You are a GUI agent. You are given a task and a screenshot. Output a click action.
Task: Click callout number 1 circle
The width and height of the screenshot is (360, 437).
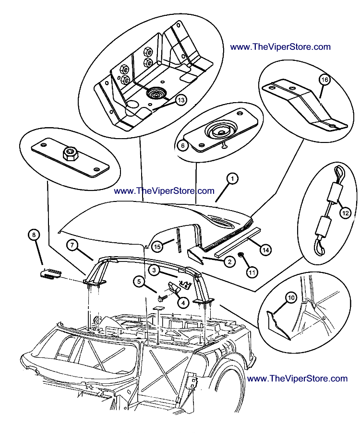(x=231, y=179)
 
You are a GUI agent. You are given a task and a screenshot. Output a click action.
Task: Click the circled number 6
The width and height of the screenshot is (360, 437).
(x=181, y=144)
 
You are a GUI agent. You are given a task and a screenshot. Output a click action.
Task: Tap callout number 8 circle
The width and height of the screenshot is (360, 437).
(x=33, y=235)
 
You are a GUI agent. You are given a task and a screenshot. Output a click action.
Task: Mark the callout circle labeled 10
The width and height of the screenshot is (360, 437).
(x=290, y=298)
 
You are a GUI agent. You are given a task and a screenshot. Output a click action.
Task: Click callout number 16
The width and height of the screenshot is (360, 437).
(x=324, y=80)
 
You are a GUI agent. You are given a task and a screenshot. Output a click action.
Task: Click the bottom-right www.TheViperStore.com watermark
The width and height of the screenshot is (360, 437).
(x=297, y=378)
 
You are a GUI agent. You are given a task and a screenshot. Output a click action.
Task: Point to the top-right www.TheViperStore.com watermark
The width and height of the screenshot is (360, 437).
(x=280, y=47)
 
